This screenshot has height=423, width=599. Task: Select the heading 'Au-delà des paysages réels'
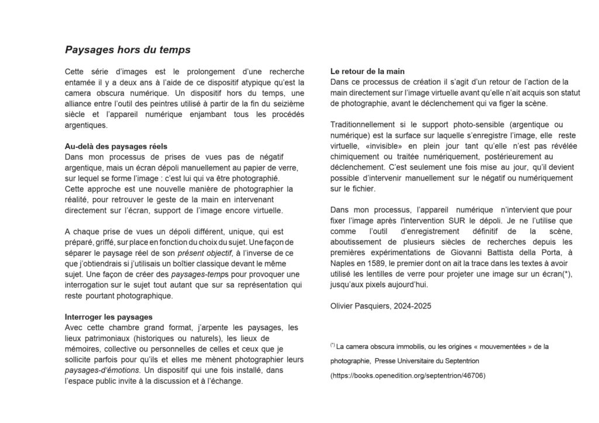coord(116,146)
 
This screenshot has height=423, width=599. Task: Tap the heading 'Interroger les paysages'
coord(108,317)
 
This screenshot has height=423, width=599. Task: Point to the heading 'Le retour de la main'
coord(367,72)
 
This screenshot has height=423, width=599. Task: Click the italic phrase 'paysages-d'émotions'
coord(102,370)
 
